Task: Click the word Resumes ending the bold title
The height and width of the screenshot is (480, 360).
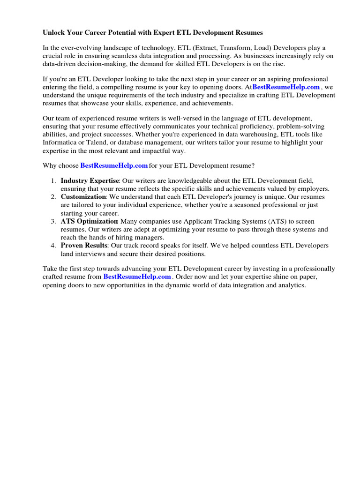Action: coord(249,33)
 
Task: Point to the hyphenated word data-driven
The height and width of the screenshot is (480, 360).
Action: coord(59,64)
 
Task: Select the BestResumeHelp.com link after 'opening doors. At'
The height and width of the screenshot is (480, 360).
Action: coord(286,87)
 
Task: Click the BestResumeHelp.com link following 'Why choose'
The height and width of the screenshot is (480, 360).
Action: coord(114,165)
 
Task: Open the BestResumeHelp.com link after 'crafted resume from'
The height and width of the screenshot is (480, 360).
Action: coord(137,277)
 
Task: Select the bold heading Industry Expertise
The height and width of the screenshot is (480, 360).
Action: coord(90,181)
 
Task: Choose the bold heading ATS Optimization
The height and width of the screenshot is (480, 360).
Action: coord(89,221)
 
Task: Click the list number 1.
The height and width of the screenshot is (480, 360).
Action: coord(53,181)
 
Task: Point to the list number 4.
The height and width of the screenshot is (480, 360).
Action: coord(53,246)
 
